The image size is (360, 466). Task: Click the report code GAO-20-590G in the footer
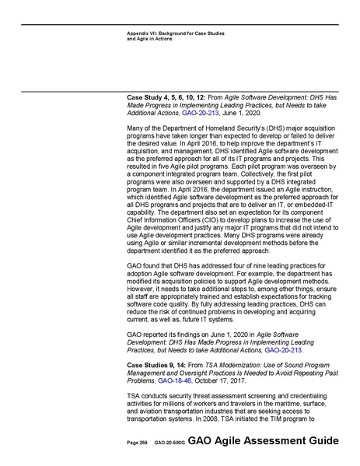pos(166,440)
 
